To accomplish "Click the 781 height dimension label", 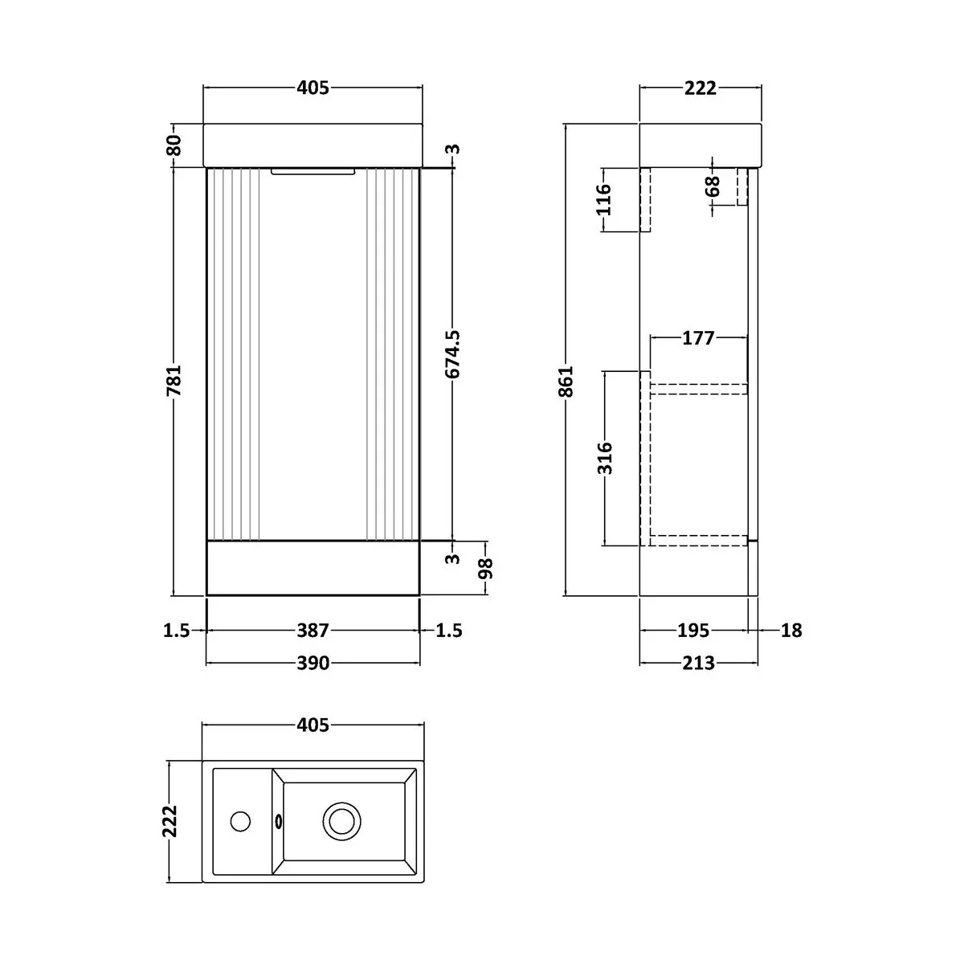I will coord(175,380).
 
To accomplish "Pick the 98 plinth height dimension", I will coord(484,568).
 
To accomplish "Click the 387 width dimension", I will coord(313,631).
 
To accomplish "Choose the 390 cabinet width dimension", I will coord(313,663).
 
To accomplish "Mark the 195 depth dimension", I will coord(692,631).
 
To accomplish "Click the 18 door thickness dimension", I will coord(791,631).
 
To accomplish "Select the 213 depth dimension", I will coord(699,663).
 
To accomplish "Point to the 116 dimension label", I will coord(605,199).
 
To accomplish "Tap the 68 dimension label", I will coord(713,187).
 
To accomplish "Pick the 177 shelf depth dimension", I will coord(698,338).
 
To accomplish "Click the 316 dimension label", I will coord(605,458).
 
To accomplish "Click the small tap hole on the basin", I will coord(239,821).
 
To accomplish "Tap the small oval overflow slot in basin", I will coord(279,821).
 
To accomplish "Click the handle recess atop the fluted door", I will coord(313,171).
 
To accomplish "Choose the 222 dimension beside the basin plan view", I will coord(170,821).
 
